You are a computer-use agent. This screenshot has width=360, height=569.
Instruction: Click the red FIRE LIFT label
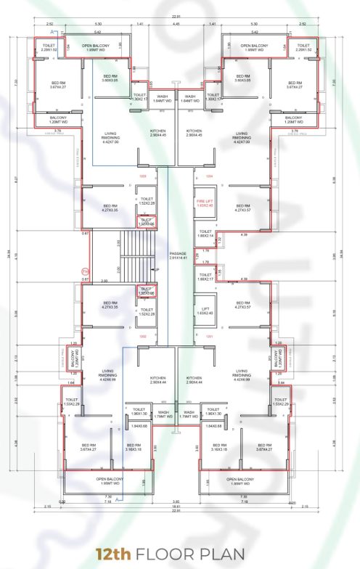tap(205, 202)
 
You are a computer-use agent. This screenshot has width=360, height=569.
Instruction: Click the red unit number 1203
tap(142, 176)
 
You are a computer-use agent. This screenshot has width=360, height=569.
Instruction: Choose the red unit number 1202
tap(142, 336)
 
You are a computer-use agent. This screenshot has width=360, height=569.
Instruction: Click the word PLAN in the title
tap(222, 554)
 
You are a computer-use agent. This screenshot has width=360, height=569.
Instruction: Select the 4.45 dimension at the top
tap(176, 23)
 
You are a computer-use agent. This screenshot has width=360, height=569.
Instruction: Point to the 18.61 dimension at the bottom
tap(176, 505)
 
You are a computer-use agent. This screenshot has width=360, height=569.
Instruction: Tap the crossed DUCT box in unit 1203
tap(146, 222)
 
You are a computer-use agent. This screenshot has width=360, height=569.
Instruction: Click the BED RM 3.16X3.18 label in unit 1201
tap(218, 447)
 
